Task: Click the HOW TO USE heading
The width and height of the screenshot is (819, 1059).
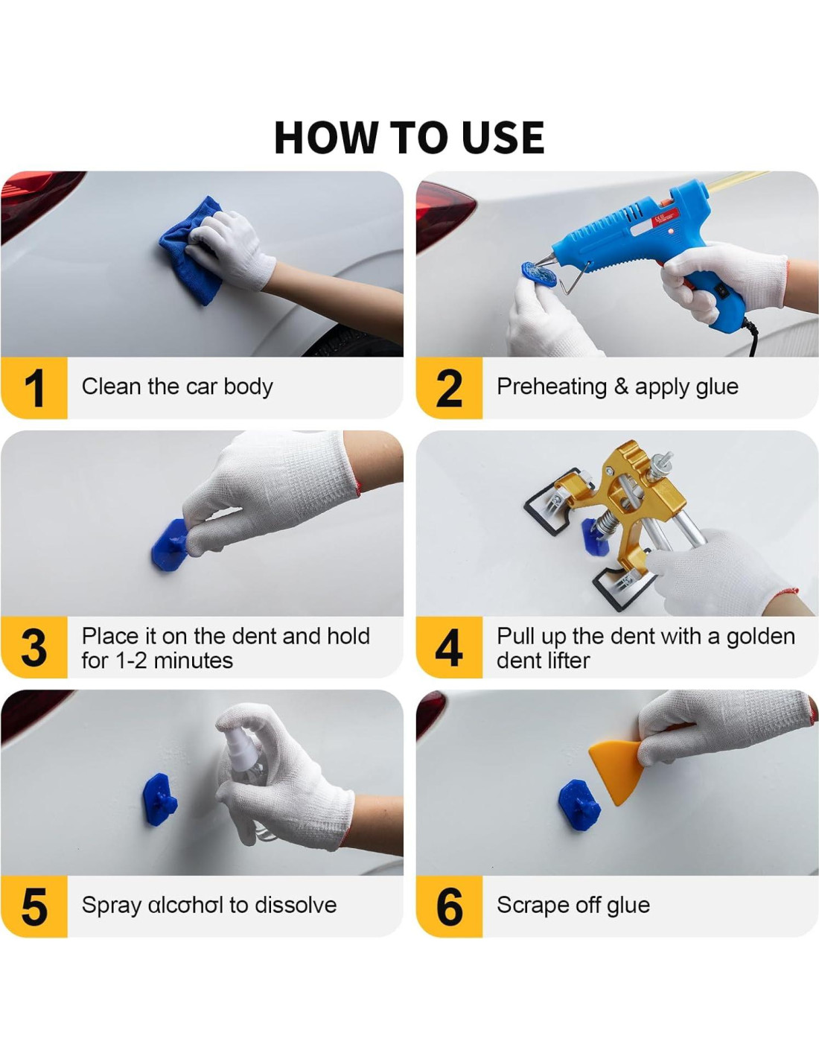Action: [409, 138]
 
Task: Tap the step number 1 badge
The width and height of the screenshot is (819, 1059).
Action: [34, 388]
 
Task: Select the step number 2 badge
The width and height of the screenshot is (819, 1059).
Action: [449, 388]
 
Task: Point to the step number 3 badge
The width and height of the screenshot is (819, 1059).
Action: [34, 647]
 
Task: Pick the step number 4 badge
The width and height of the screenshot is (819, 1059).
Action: [449, 647]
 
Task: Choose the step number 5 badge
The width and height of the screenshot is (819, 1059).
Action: [34, 906]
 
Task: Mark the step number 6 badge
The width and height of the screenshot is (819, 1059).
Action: [449, 906]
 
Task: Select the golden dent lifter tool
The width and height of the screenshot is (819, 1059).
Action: [634, 507]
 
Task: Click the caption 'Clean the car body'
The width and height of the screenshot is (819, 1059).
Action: [177, 387]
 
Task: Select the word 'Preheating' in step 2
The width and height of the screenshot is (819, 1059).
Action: [552, 387]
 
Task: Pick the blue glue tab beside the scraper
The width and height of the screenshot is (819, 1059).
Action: [579, 807]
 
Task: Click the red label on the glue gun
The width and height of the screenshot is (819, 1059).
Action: [664, 216]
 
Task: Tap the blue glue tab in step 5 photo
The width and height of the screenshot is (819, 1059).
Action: [160, 800]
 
